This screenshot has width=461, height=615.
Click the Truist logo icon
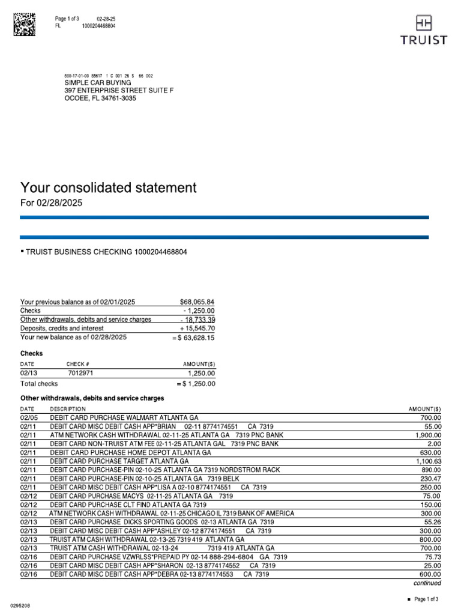(423, 23)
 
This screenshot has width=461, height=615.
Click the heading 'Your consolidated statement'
(109, 187)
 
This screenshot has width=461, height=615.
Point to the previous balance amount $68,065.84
(197, 301)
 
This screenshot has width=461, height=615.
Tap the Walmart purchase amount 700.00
(430, 417)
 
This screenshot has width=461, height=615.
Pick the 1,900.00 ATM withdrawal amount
(427, 434)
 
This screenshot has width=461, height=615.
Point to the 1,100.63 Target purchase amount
(427, 461)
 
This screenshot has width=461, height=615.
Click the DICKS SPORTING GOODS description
(162, 523)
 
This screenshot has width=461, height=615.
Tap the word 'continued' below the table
(427, 583)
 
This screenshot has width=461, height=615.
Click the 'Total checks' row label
(39, 383)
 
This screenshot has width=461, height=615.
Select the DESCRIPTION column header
(68, 408)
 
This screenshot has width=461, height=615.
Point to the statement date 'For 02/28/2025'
(51, 204)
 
